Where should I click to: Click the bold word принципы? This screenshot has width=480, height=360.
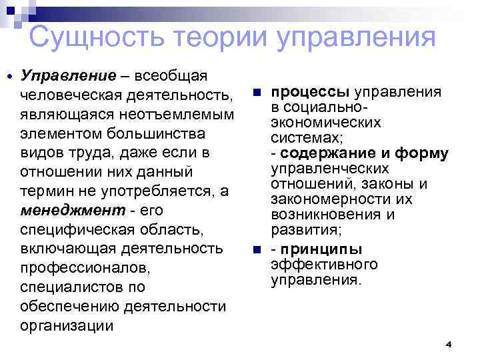coord(321,250)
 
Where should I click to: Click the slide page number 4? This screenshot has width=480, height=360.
coord(448,344)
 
